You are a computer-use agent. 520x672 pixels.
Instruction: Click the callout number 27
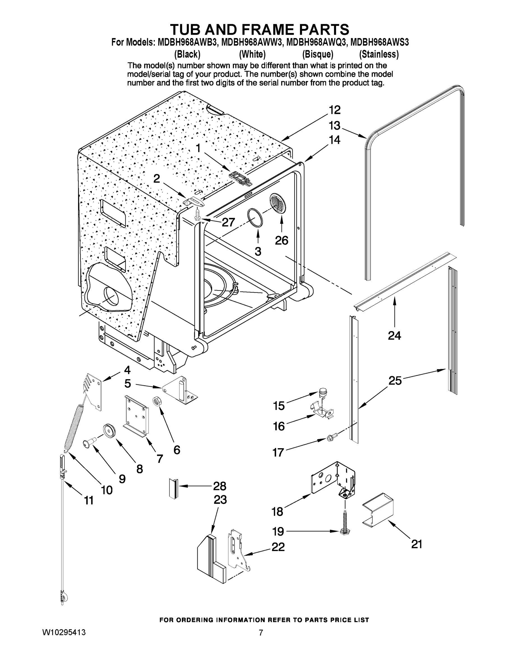pyautogui.click(x=228, y=222)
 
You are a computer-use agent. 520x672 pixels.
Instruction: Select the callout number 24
pyautogui.click(x=394, y=335)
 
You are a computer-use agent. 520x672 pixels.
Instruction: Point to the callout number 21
pyautogui.click(x=417, y=544)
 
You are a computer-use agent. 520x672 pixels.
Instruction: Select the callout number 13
pyautogui.click(x=334, y=125)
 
